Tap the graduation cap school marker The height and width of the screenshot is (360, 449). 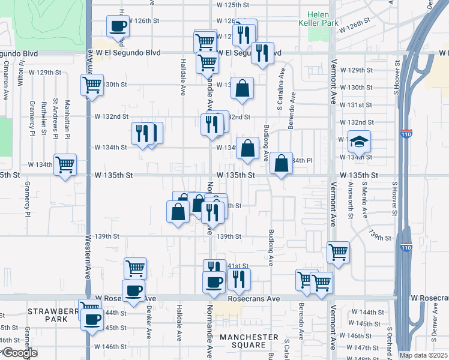click(x=360, y=142)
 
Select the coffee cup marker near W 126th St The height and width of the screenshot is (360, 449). click(x=118, y=26)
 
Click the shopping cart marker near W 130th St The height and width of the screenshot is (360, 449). click(x=92, y=85)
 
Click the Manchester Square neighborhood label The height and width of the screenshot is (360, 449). click(x=249, y=341)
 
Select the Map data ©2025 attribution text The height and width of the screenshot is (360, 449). click(x=423, y=355)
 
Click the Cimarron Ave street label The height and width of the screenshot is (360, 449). click(x=6, y=80)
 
